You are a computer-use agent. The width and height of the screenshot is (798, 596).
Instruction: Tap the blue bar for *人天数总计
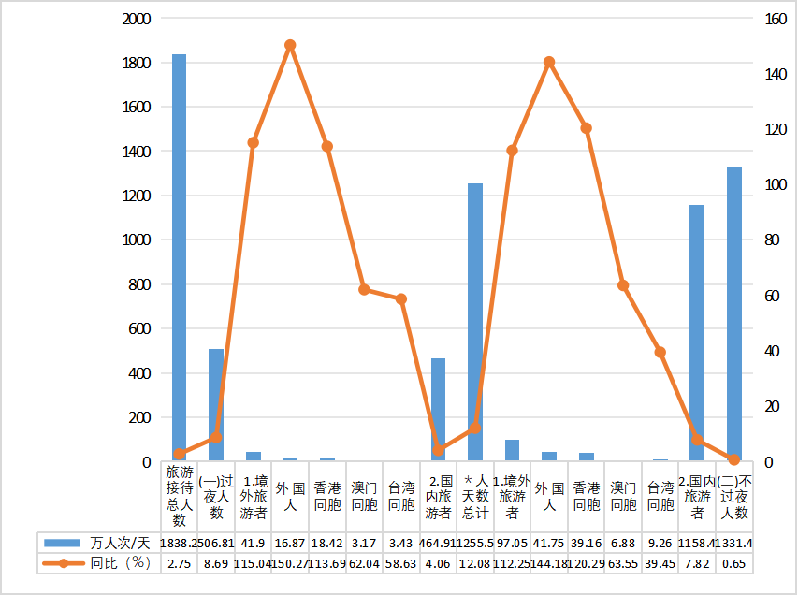point(475,322)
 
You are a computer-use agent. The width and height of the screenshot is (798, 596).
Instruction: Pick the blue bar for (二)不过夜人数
point(734,313)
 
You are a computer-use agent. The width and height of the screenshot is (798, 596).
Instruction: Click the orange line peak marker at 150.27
point(290,45)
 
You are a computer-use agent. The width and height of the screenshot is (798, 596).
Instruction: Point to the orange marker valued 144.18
point(549,62)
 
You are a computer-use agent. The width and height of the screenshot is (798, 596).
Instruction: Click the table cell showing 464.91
point(438,543)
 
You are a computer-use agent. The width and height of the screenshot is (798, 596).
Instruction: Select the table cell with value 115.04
point(253,563)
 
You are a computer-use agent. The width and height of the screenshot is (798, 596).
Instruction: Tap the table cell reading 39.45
point(660,563)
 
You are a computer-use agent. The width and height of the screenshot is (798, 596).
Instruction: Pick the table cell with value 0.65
point(734,563)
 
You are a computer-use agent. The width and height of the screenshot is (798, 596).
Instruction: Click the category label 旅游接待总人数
point(179,496)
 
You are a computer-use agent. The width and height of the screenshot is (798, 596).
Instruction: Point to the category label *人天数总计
point(475,496)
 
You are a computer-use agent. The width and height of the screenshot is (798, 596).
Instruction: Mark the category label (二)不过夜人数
point(734,496)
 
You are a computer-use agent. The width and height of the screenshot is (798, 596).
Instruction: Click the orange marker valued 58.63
point(401,299)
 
